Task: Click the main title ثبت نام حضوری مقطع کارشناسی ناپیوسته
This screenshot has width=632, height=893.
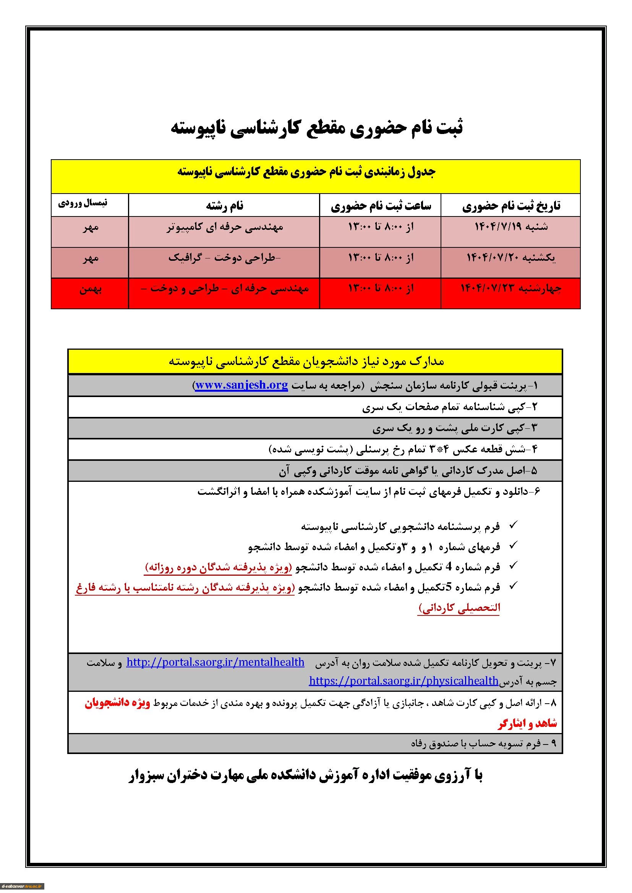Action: (x=317, y=129)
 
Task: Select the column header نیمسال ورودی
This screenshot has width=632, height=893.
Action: (x=83, y=203)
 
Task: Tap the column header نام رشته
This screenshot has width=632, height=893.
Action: (x=225, y=206)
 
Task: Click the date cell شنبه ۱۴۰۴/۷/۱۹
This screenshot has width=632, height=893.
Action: (x=511, y=227)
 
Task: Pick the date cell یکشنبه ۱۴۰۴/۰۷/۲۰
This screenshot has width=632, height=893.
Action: (x=511, y=257)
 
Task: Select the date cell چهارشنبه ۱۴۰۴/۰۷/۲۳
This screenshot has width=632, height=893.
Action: (x=511, y=288)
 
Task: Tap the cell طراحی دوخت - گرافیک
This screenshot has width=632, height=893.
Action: (x=224, y=257)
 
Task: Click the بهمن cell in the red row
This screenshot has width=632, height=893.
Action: (x=90, y=289)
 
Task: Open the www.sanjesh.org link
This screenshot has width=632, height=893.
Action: (x=241, y=385)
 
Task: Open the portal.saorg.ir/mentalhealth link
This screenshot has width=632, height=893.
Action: (x=215, y=662)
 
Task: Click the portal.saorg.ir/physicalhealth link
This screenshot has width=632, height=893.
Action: (x=404, y=680)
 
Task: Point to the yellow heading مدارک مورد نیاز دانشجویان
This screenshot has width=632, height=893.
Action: (x=307, y=362)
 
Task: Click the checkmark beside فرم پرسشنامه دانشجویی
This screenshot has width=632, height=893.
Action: (x=513, y=525)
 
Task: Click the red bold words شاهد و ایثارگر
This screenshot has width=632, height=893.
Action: (x=527, y=723)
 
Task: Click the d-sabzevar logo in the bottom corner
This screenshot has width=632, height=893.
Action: (x=22, y=886)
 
